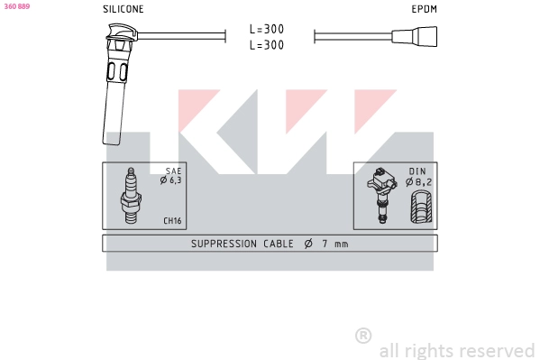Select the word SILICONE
coord(123,9)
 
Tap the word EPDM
coord(424,9)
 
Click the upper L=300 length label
coord(267,29)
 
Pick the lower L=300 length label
coord(267,44)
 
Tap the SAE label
coord(173,171)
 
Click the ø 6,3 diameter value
coord(170,180)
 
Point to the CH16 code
coord(171,220)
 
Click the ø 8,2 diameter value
coord(419,181)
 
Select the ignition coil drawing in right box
coord(382,194)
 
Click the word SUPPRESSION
coord(224,244)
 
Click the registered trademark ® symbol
coord(363,336)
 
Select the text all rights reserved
coord(456,350)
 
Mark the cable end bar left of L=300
coord(224,37)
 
